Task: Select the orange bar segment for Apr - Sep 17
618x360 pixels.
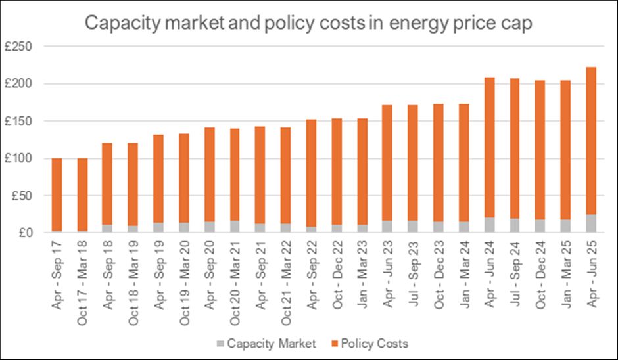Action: tap(57, 148)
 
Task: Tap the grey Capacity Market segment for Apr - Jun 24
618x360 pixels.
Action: tap(489, 225)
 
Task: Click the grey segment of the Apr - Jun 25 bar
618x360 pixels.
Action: tap(590, 223)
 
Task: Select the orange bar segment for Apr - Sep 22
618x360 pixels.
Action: tap(311, 173)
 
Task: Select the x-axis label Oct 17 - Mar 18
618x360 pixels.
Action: tap(82, 275)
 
